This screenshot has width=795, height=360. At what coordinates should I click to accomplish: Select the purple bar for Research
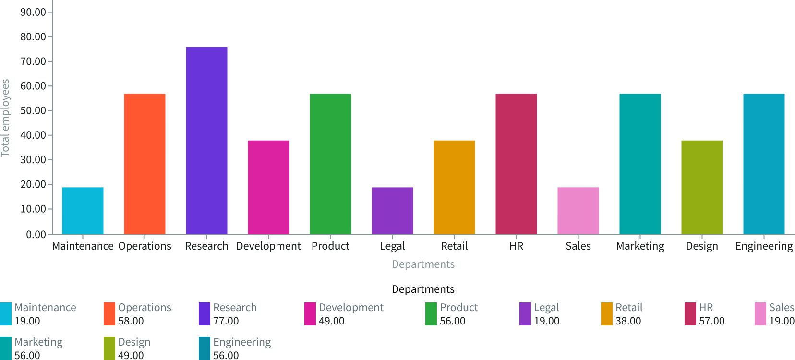(206, 141)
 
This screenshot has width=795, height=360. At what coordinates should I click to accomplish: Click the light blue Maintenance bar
(83, 211)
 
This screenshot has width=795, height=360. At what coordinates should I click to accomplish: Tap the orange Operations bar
(145, 164)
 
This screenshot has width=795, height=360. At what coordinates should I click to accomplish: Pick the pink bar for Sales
(578, 211)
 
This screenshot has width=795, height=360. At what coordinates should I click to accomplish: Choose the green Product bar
(330, 164)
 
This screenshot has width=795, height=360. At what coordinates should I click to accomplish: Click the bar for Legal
(392, 211)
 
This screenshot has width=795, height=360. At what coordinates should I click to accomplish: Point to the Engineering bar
(764, 164)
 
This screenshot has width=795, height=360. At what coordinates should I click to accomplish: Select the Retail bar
(454, 187)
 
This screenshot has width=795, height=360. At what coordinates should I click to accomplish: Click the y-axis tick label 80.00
(33, 37)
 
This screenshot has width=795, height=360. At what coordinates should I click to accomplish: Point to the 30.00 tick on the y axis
(33, 160)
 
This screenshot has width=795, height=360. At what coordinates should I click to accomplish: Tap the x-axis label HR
(516, 246)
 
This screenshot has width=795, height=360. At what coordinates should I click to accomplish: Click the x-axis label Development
(268, 246)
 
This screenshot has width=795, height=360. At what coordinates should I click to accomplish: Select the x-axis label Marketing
(640, 246)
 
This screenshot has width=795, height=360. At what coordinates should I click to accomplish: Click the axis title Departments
(423, 264)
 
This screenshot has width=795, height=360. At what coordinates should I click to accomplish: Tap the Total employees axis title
(6, 118)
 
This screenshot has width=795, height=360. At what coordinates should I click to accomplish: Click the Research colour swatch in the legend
(205, 314)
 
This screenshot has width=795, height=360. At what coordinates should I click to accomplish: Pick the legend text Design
(134, 342)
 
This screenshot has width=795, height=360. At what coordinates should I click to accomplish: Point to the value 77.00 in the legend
(226, 321)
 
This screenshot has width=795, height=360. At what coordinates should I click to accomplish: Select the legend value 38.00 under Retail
(628, 321)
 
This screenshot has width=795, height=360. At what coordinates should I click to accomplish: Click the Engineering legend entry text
(242, 342)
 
